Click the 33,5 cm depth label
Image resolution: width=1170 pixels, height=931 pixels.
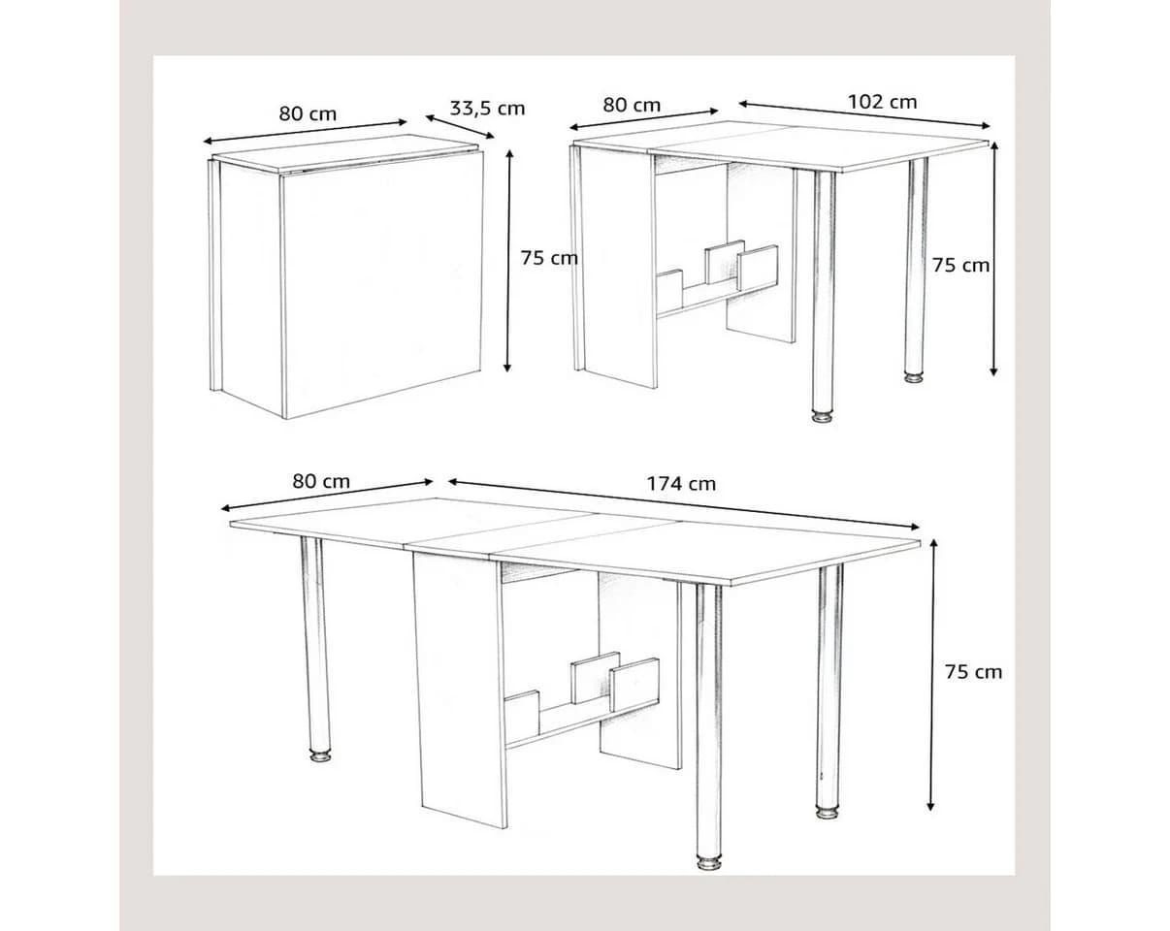click(x=487, y=109)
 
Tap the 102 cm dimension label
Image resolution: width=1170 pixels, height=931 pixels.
click(x=883, y=102)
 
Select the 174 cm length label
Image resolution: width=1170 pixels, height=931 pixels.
click(x=681, y=484)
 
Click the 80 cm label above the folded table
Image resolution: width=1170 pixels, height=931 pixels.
click(x=308, y=113)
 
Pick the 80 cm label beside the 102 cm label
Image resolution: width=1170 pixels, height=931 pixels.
click(x=632, y=105)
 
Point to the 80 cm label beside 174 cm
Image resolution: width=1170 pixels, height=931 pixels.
click(x=321, y=482)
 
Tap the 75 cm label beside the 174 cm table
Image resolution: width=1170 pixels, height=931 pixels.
click(x=973, y=672)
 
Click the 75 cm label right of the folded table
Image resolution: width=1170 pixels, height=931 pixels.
click(x=549, y=258)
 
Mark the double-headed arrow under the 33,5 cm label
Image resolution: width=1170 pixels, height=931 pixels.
click(x=460, y=126)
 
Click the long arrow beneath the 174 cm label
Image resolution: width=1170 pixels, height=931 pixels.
click(x=683, y=503)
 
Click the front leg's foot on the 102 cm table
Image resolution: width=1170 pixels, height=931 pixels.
click(x=823, y=417)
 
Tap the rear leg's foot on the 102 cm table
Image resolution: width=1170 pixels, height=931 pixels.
click(x=915, y=376)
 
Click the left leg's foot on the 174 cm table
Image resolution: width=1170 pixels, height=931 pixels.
click(x=320, y=756)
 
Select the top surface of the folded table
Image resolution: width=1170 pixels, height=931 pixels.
click(x=345, y=154)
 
